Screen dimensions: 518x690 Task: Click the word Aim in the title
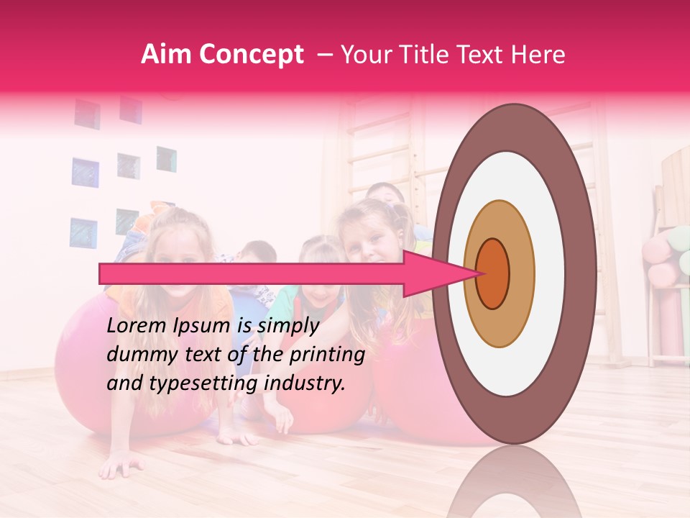(x=165, y=55)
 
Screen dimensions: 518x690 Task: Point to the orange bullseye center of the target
(x=493, y=274)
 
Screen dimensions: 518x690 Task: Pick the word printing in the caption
(x=327, y=355)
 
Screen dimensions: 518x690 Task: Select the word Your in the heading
(x=362, y=55)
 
